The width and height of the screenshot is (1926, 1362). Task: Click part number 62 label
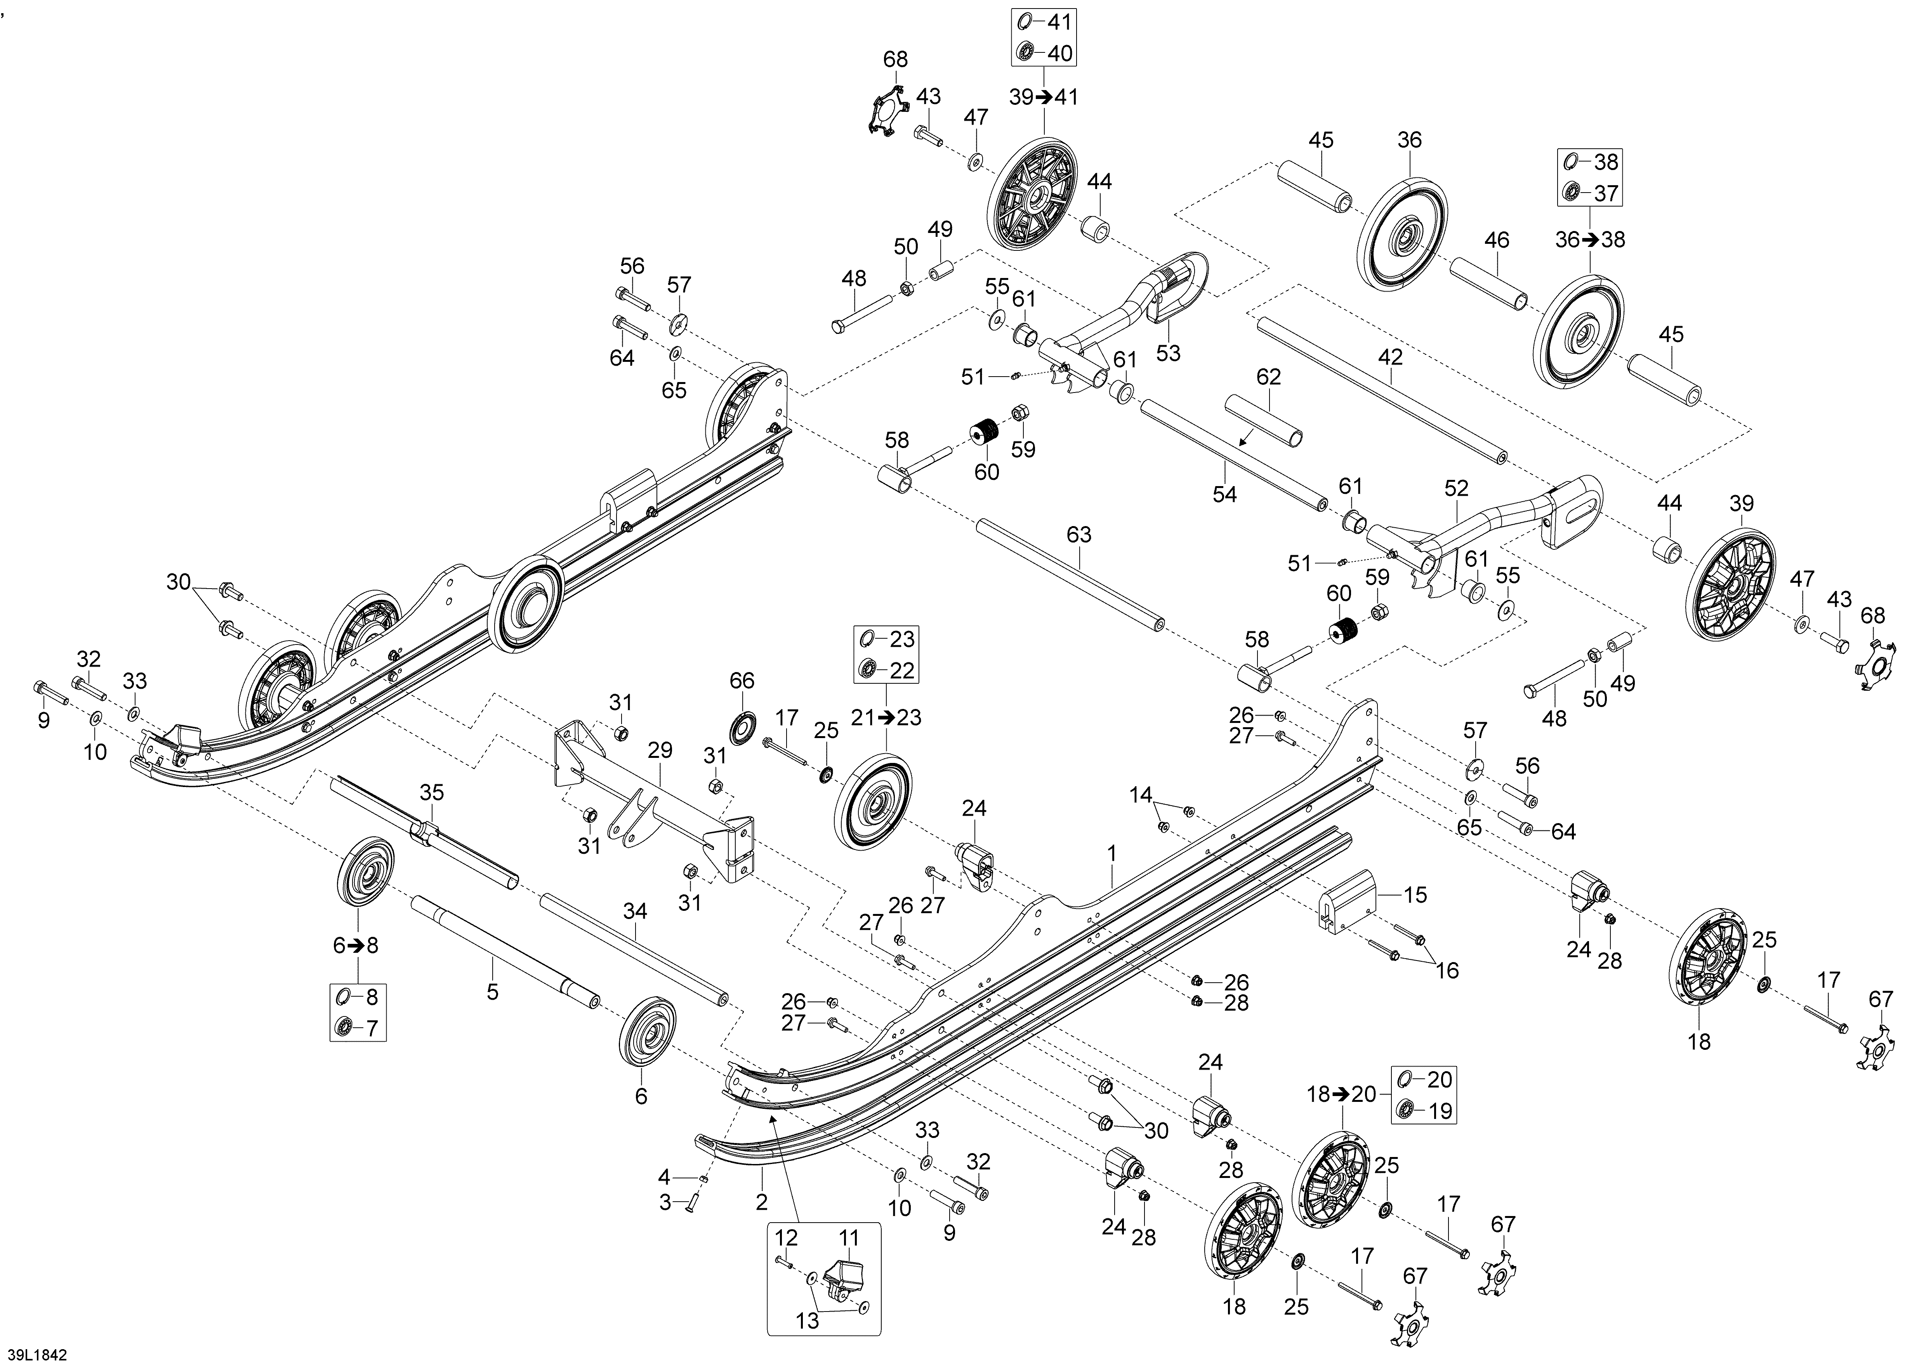[1268, 377]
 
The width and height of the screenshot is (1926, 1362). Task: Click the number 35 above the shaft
[432, 792]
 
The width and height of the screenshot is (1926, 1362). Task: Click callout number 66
[742, 680]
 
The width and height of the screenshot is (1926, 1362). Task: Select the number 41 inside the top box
[1060, 22]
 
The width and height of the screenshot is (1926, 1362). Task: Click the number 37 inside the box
[1606, 193]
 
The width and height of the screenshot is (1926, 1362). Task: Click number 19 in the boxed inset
[1440, 1111]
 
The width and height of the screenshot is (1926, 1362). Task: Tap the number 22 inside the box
[902, 670]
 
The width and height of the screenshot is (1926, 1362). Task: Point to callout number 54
[1225, 494]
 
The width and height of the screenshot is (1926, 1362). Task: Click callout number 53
[1168, 353]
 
